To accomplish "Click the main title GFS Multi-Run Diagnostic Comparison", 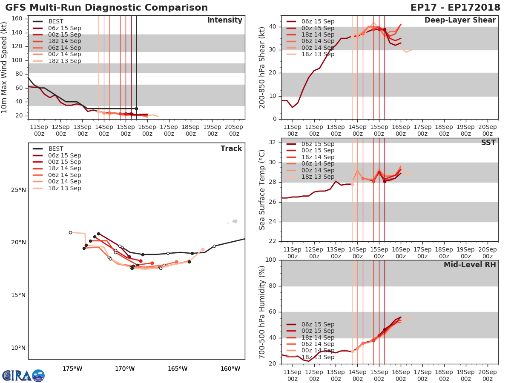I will click(106, 8).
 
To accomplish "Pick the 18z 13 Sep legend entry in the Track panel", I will click(64, 188).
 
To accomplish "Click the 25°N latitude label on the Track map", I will click(18, 190).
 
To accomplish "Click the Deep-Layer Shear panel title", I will click(460, 20).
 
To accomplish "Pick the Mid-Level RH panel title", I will click(470, 265).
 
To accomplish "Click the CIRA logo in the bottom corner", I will click(23, 375).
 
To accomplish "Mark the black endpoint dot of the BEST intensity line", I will click(136, 109).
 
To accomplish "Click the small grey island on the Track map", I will click(234, 221).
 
